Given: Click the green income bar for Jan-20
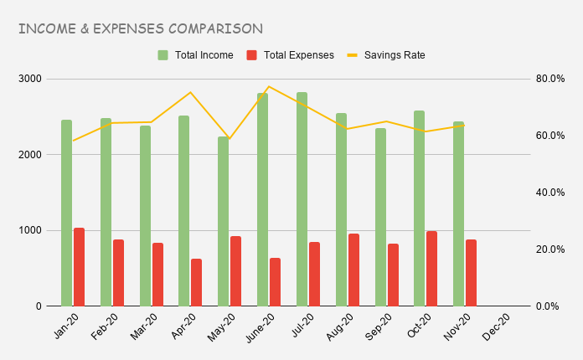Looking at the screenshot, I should (x=66, y=213).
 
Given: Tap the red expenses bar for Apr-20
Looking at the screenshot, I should (x=196, y=282).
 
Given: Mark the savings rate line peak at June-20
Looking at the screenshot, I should (x=269, y=86).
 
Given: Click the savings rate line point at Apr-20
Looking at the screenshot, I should (x=190, y=92).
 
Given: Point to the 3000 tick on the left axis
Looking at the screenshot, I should (x=31, y=79).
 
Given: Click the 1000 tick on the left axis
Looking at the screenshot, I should (x=31, y=230).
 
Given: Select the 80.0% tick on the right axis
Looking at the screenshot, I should (x=549, y=79).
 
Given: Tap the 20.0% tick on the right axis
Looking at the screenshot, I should (x=549, y=249).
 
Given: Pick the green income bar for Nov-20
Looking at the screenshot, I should (x=458, y=213).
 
